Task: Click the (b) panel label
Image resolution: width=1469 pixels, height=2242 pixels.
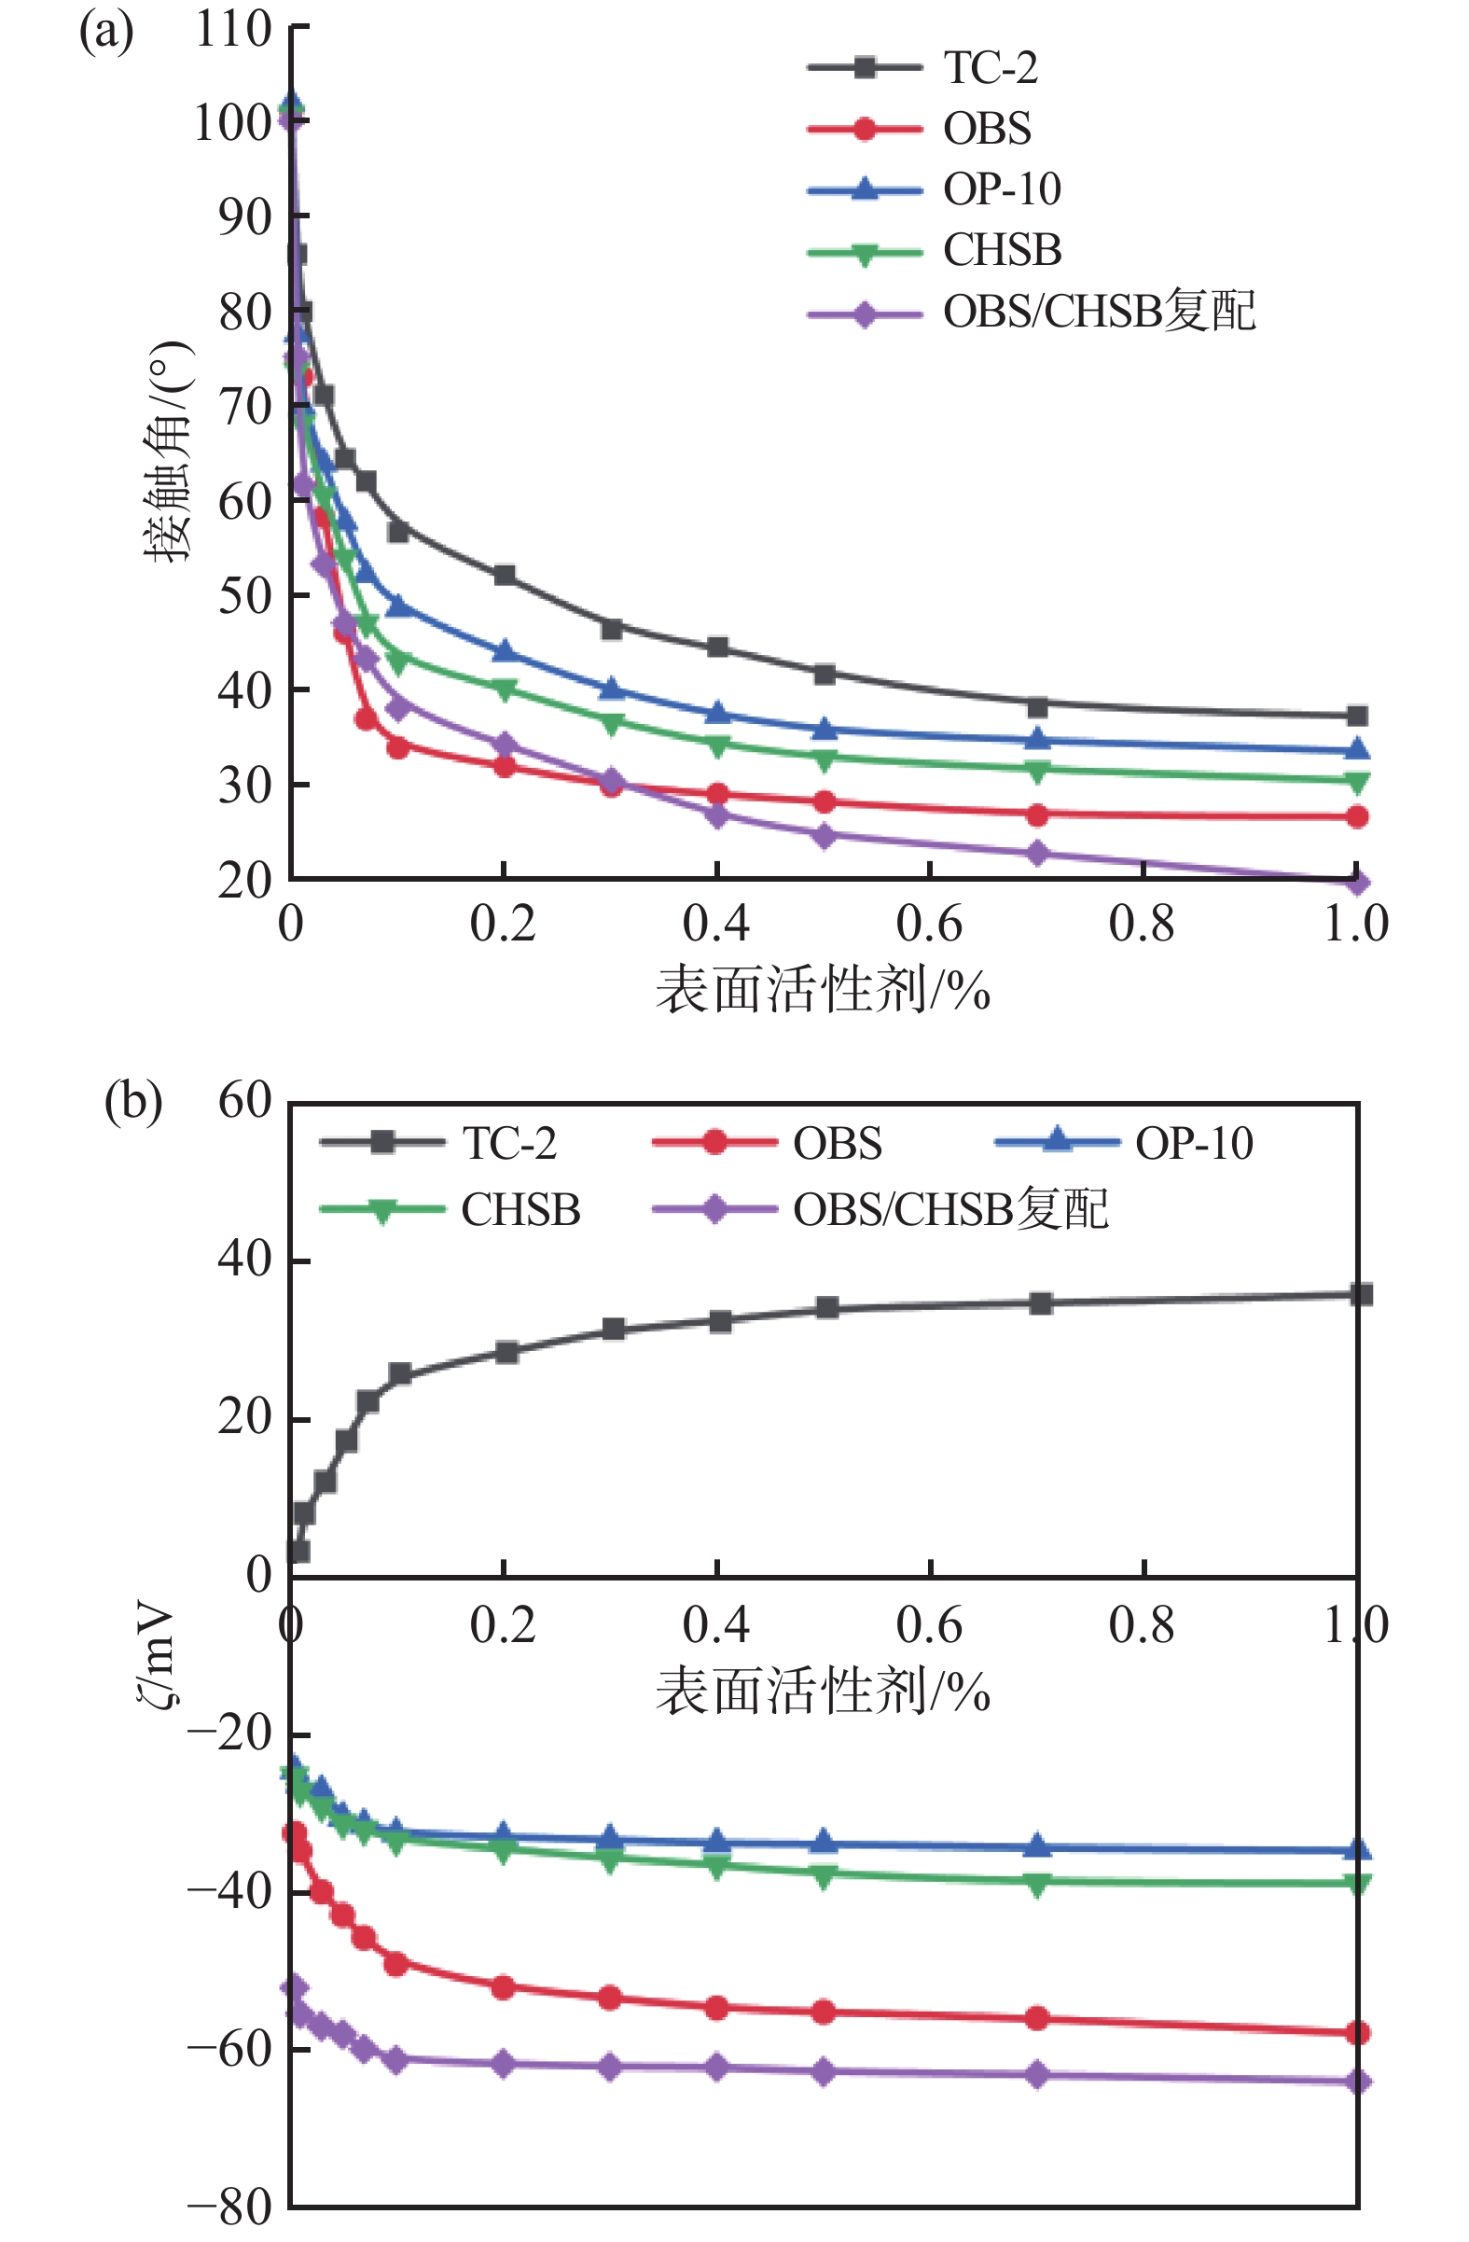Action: tap(132, 1100)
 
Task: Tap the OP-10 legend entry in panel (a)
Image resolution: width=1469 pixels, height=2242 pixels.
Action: tap(1002, 189)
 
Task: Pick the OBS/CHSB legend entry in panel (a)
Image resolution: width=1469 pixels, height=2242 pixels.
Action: tap(1098, 311)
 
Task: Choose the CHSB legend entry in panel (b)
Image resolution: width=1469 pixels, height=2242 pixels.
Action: tap(520, 1209)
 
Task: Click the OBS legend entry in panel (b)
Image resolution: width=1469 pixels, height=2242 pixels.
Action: tap(838, 1144)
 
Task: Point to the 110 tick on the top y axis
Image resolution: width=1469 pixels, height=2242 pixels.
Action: tap(233, 30)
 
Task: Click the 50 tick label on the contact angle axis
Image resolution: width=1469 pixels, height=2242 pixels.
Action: tap(244, 595)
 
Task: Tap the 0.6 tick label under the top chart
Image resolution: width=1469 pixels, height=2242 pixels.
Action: tap(929, 924)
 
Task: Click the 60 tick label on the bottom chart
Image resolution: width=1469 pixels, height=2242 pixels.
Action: tap(244, 1100)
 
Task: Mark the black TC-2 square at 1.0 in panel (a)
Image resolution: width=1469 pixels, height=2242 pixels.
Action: tap(1357, 716)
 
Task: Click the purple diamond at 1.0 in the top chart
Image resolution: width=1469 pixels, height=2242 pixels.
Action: tap(1357, 882)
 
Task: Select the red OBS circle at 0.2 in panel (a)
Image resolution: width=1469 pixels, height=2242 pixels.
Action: tap(505, 766)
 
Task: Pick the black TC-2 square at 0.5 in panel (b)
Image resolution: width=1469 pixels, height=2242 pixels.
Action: tap(826, 1307)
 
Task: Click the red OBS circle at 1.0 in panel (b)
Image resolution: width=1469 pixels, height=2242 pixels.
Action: tap(1357, 2033)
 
